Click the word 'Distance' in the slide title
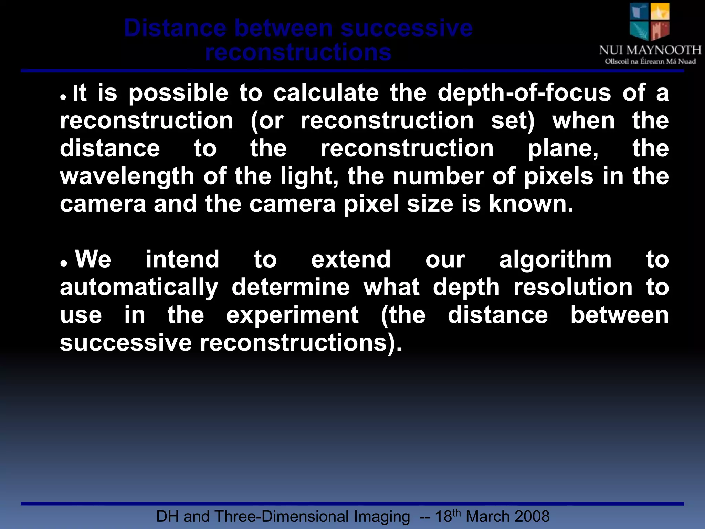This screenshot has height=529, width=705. [x=175, y=28]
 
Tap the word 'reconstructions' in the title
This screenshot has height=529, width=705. [x=298, y=53]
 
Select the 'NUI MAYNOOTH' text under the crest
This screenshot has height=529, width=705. [x=650, y=50]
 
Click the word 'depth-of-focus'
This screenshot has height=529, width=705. [x=524, y=93]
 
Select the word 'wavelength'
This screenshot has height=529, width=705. [x=127, y=176]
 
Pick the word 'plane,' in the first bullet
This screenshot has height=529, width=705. [x=563, y=149]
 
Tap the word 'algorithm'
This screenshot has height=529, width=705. [x=555, y=260]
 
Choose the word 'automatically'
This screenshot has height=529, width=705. [x=139, y=288]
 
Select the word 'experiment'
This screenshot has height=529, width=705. [x=292, y=315]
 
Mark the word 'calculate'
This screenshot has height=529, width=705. [x=326, y=93]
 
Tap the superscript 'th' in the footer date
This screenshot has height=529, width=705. [x=456, y=512]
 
